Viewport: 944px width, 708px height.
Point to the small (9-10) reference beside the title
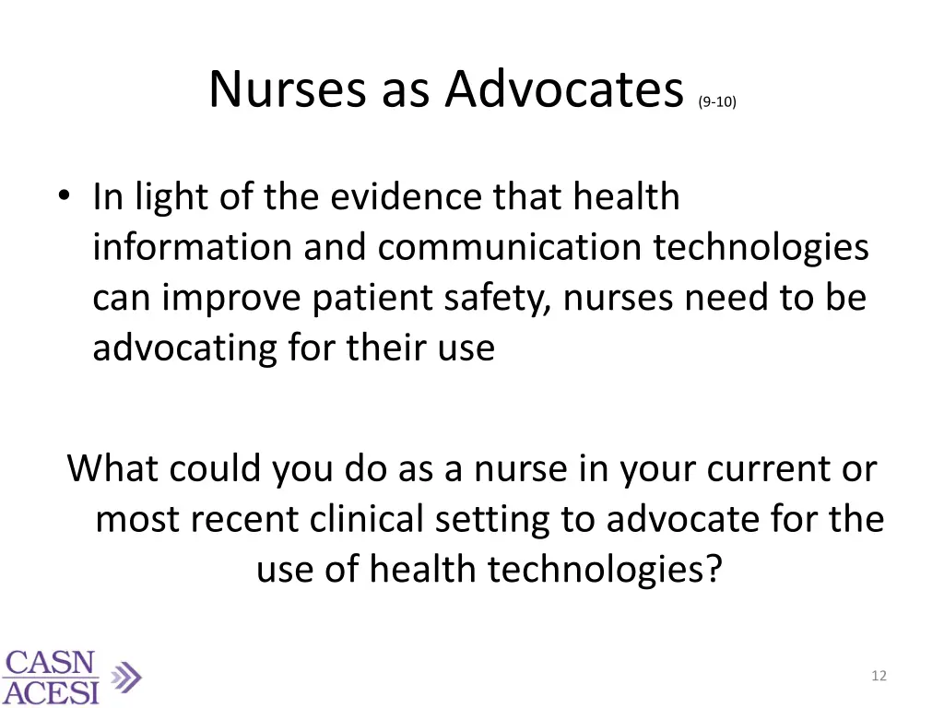(717, 102)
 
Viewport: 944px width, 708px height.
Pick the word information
(183, 247)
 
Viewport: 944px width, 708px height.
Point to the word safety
(498, 298)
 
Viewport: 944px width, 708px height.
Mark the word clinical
(367, 520)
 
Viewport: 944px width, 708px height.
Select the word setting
(494, 520)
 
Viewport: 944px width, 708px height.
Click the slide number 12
(879, 676)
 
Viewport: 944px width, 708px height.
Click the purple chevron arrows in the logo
(125, 678)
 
